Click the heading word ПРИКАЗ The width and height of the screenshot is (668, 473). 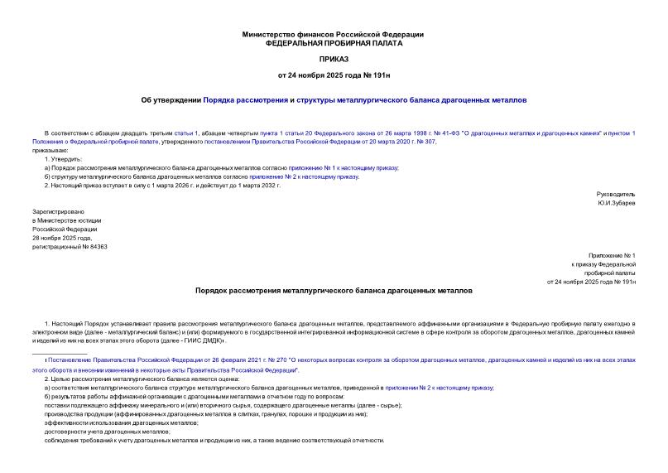[x=333, y=60]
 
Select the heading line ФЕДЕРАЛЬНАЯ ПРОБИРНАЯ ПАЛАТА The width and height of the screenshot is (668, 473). [x=333, y=42]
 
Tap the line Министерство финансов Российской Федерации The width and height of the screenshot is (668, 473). [x=333, y=34]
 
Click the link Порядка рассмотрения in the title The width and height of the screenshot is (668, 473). [x=245, y=101]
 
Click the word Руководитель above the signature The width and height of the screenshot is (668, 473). [x=616, y=194]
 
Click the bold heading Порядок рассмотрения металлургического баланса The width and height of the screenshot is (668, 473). [x=333, y=292]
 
